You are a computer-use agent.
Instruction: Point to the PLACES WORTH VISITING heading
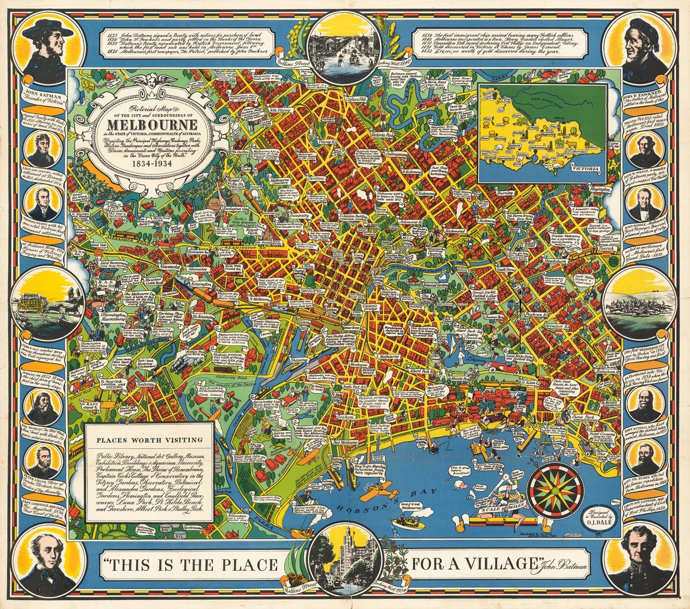point(149,441)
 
